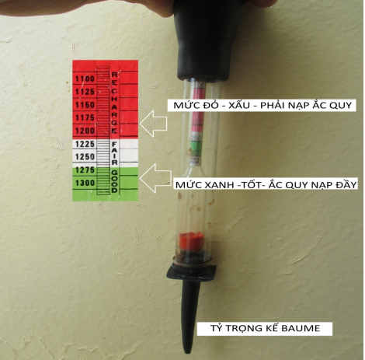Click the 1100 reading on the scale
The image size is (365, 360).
click(x=85, y=79)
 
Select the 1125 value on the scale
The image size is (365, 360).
click(x=85, y=92)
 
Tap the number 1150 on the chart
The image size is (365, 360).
click(x=85, y=105)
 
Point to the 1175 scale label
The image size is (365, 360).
click(x=85, y=117)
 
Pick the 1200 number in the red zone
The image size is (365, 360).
click(x=85, y=131)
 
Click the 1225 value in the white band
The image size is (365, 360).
click(x=85, y=144)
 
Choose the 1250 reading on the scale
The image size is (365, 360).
click(x=85, y=157)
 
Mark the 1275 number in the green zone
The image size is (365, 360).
click(x=85, y=170)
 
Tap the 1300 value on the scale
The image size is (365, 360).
click(x=85, y=183)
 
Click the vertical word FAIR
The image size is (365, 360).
click(x=115, y=153)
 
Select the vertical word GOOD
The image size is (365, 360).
click(x=115, y=181)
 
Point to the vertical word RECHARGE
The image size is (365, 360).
click(x=114, y=103)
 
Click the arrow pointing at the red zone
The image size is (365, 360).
click(x=154, y=124)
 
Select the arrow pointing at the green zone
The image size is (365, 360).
click(x=156, y=178)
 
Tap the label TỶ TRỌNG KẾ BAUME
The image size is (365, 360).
click(x=265, y=328)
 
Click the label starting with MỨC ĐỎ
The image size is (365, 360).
click(x=262, y=105)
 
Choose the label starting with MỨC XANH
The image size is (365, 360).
click(x=266, y=184)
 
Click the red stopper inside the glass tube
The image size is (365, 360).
click(x=191, y=241)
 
